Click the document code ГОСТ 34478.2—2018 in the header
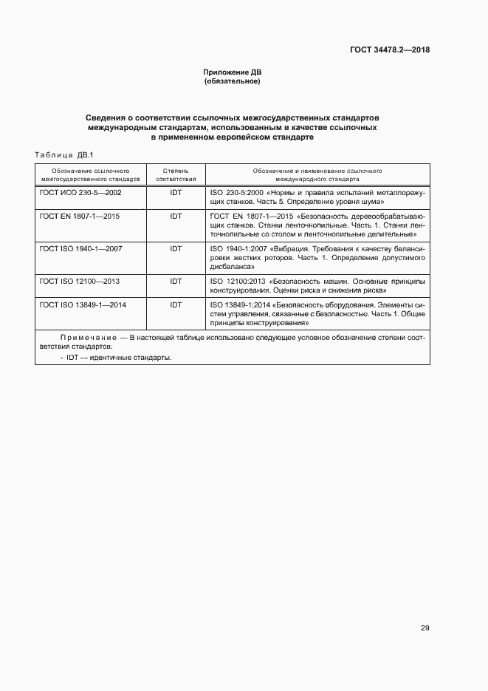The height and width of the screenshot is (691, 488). [x=390, y=50]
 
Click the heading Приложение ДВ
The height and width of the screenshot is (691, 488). [x=233, y=72]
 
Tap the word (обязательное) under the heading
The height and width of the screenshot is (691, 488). [x=233, y=81]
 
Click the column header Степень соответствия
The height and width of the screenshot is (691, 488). [x=176, y=174]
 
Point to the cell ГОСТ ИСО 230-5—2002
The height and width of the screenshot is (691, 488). [x=80, y=192]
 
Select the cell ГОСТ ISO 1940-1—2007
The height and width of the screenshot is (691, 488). [x=81, y=248]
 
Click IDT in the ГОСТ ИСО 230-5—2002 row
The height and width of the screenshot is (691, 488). [x=176, y=192]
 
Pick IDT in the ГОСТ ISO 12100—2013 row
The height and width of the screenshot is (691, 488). [x=176, y=281]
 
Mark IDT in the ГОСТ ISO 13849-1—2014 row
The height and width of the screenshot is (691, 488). [x=176, y=304]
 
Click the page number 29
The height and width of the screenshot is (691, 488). [x=425, y=628]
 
